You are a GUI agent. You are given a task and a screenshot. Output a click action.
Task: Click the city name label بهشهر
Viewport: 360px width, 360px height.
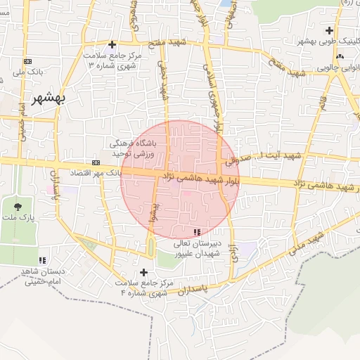tap(49, 98)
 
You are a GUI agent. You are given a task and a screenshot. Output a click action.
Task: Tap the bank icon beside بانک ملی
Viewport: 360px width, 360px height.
tap(27, 62)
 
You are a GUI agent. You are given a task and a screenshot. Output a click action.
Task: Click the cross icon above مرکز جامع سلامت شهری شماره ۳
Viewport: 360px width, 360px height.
tap(112, 44)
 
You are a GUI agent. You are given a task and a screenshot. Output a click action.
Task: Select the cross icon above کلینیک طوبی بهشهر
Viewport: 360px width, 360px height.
tap(330, 30)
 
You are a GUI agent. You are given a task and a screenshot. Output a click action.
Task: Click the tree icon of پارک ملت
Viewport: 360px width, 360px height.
tap(18, 206)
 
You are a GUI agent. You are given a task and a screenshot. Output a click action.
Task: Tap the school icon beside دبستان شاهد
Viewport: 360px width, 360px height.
tap(43, 260)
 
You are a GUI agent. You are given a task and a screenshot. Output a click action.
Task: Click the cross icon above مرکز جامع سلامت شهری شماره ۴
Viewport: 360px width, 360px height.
tap(144, 272)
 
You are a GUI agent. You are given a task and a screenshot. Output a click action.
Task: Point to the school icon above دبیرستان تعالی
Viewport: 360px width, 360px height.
tap(196, 231)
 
